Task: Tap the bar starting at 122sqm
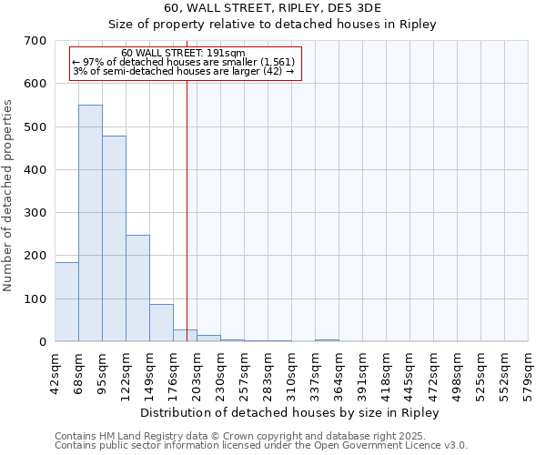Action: tap(137, 288)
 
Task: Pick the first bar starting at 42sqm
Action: tap(66, 301)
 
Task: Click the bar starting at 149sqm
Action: tap(161, 322)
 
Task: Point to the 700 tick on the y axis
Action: tap(35, 41)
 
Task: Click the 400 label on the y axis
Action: tap(35, 170)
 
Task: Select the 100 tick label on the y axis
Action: tap(35, 299)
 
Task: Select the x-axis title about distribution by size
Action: tap(290, 413)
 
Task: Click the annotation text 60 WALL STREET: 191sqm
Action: tap(183, 53)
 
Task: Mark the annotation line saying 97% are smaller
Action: tap(183, 62)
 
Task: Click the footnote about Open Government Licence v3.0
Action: tap(261, 446)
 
